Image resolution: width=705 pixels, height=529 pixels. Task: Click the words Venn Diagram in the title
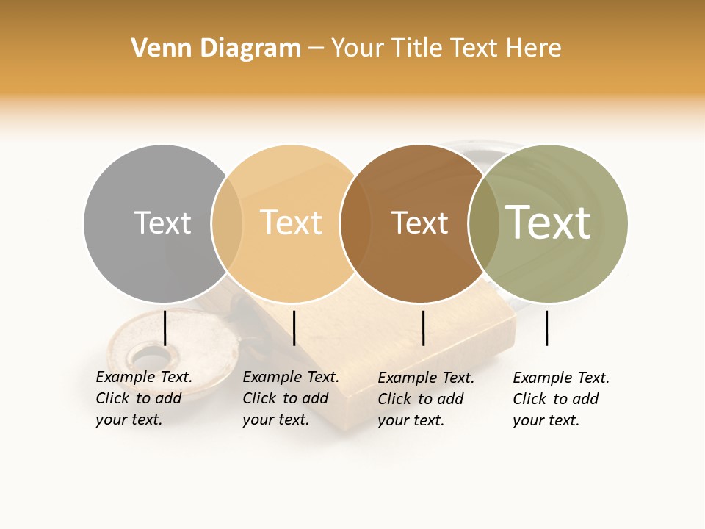click(216, 48)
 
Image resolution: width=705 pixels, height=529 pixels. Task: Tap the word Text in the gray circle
click(162, 223)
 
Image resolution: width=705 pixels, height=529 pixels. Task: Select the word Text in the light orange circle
click(291, 223)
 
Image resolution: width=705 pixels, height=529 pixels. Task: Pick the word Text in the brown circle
click(419, 223)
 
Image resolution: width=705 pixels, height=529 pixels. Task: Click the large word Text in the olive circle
click(549, 222)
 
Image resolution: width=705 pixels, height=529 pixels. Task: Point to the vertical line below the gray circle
click(164, 328)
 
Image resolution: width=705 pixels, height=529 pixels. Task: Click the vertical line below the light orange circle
click(294, 328)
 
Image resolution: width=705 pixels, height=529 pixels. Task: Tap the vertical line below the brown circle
click(423, 328)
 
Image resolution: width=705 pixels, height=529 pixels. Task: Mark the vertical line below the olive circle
click(546, 328)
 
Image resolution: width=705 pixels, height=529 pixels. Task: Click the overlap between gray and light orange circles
click(227, 223)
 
